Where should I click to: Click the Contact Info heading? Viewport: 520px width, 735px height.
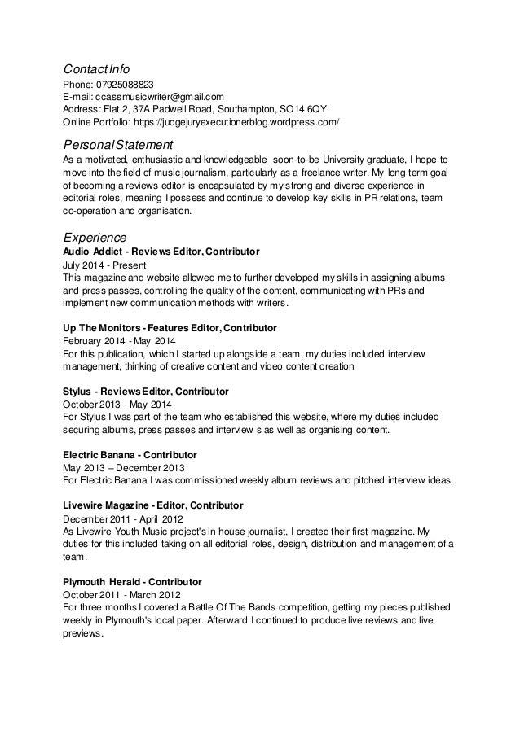[97, 68]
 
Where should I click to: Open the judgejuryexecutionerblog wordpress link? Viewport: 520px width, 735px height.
[236, 122]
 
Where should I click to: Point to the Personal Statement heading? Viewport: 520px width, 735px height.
[118, 144]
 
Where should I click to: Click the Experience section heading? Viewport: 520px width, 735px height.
[95, 238]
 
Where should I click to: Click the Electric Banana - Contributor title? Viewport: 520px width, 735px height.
[130, 453]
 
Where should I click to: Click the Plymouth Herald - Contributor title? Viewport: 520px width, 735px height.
[132, 582]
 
